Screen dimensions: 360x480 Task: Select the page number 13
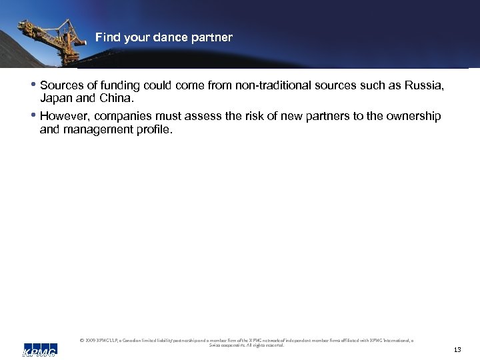(x=457, y=349)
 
